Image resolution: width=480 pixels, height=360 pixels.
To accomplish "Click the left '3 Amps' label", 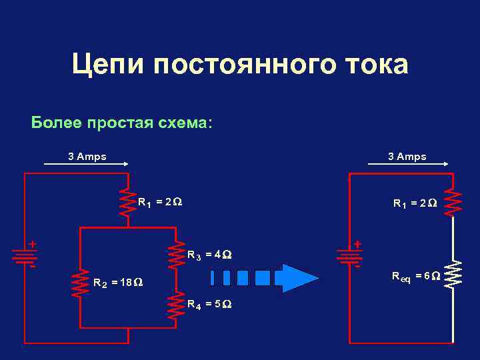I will point(87,157).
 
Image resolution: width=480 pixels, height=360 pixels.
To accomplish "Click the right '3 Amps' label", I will point(407,157).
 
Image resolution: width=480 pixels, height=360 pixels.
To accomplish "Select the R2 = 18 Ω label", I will point(118,283).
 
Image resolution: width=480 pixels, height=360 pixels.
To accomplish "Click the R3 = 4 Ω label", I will point(209,254).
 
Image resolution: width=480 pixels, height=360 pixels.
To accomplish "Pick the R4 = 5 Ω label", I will point(209,305).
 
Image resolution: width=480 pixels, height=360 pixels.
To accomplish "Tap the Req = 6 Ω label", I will point(415,275).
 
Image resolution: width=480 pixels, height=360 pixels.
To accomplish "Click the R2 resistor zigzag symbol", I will point(80,283).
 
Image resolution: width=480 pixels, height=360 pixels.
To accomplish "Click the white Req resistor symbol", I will point(453,274).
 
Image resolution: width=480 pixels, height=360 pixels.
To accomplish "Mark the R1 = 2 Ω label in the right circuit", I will point(415,203).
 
